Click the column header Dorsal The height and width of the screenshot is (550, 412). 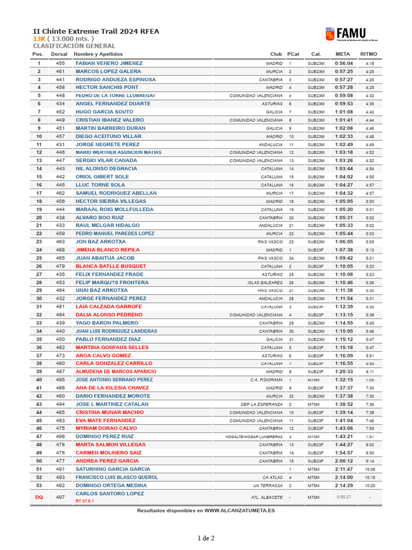pyautogui.click(x=60, y=54)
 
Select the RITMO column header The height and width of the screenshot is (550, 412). pyautogui.click(x=369, y=54)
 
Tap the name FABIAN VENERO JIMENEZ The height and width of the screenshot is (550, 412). pyautogui.click(x=109, y=63)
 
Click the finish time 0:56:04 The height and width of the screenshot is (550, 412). pyautogui.click(x=344, y=63)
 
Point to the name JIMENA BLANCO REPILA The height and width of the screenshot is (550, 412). pyautogui.click(x=107, y=250)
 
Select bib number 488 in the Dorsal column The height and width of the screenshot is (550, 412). pyautogui.click(x=60, y=250)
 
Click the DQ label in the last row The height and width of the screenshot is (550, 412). pyautogui.click(x=39, y=497)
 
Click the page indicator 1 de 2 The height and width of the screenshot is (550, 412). pyautogui.click(x=206, y=538)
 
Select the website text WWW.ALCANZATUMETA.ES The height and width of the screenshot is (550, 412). pyautogui.click(x=239, y=510)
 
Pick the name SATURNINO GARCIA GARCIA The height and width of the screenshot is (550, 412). pyautogui.click(x=113, y=469)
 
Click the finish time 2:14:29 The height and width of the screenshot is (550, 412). pyautogui.click(x=344, y=486)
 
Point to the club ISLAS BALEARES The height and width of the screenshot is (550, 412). pyautogui.click(x=265, y=283)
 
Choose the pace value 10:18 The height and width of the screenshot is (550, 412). pyautogui.click(x=370, y=477)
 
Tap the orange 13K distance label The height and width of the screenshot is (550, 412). pyautogui.click(x=39, y=39)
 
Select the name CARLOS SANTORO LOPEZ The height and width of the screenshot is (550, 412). pyautogui.click(x=110, y=493)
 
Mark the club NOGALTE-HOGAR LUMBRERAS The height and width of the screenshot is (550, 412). pyautogui.click(x=254, y=437)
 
